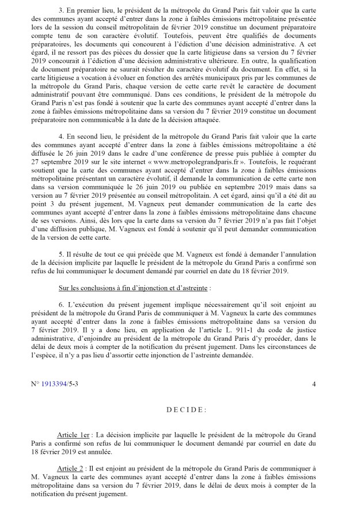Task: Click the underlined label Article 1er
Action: coord(75,434)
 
